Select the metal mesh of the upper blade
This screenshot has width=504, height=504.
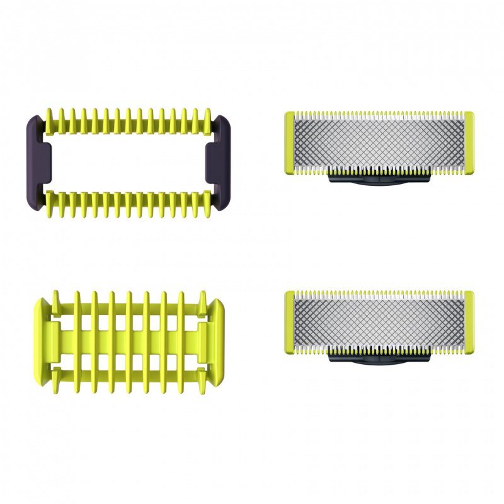(379, 142)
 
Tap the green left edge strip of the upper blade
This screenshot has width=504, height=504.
(290, 142)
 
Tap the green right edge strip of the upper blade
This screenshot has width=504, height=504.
(468, 142)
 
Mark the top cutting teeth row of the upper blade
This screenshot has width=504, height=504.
(379, 115)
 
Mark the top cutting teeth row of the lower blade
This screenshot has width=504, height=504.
(379, 294)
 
